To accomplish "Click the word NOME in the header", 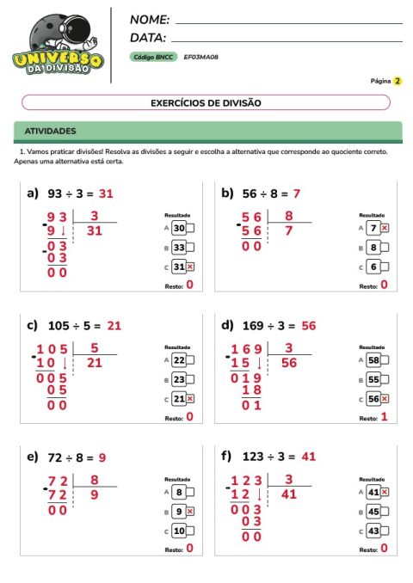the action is click(149, 19).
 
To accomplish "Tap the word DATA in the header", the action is click(147, 37).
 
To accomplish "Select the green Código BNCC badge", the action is click(153, 57).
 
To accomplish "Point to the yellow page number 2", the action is click(398, 81).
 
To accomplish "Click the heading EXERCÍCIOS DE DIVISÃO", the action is click(206, 102).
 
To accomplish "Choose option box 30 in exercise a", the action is click(179, 228).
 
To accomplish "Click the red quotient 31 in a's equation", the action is click(106, 193).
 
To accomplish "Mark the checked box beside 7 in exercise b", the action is click(385, 228).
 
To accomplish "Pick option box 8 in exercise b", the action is click(373, 247).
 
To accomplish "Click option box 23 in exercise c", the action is click(179, 379).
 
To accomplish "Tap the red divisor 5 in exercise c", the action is click(94, 348).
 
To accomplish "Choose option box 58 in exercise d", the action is click(373, 360).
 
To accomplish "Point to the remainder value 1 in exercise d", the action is click(384, 417).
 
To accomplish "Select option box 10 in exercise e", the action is click(179, 531).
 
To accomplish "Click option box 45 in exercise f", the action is click(373, 512).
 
